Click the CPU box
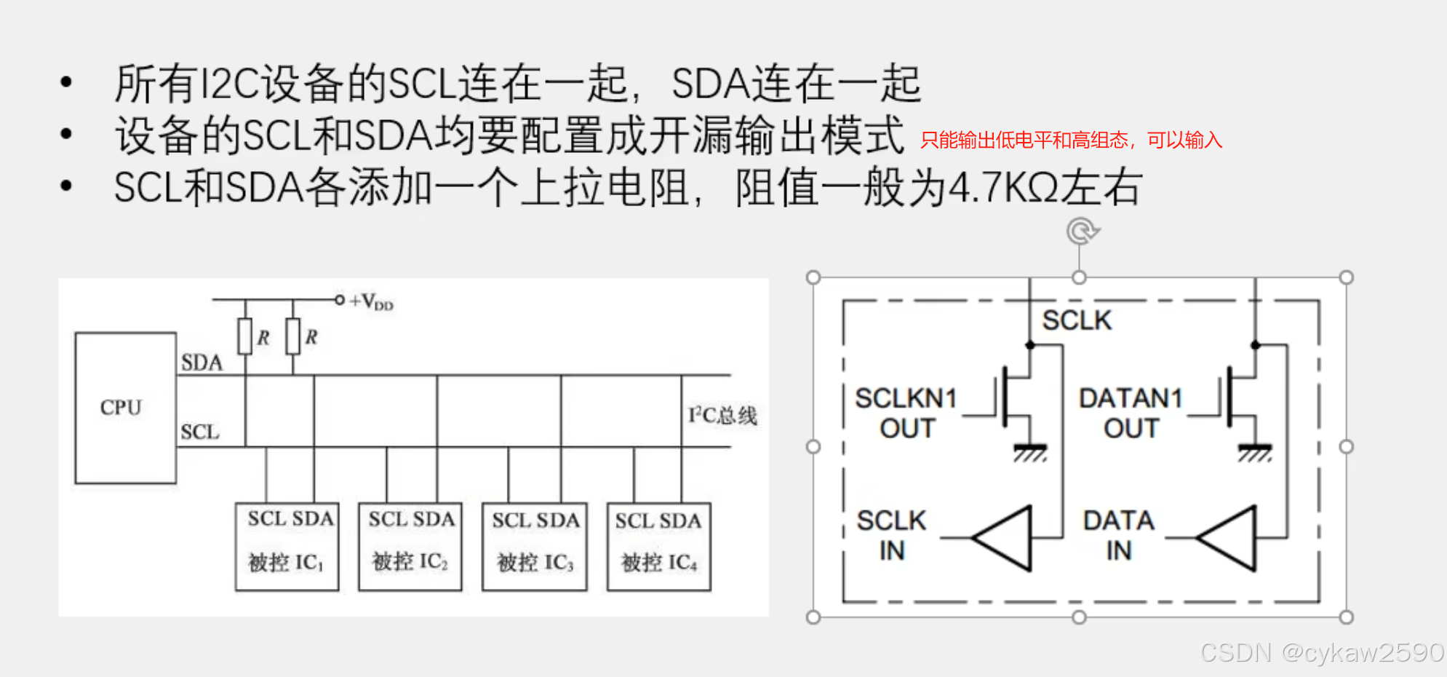click(x=125, y=408)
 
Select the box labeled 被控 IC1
click(x=287, y=547)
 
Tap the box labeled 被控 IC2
click(x=410, y=547)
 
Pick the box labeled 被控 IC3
click(x=535, y=547)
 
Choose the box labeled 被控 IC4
click(x=659, y=547)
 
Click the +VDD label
click(x=372, y=301)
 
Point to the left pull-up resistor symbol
click(x=245, y=336)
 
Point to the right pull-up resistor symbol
click(x=293, y=336)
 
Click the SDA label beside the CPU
click(x=202, y=363)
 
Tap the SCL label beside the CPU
click(x=200, y=432)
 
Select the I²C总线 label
click(x=722, y=415)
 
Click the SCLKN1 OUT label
click(x=906, y=413)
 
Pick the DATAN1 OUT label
click(x=1131, y=413)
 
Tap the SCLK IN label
click(x=892, y=535)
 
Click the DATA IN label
click(x=1119, y=535)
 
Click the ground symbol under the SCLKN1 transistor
click(x=1030, y=453)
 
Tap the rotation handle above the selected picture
click(x=1081, y=231)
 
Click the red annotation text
click(x=1071, y=140)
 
